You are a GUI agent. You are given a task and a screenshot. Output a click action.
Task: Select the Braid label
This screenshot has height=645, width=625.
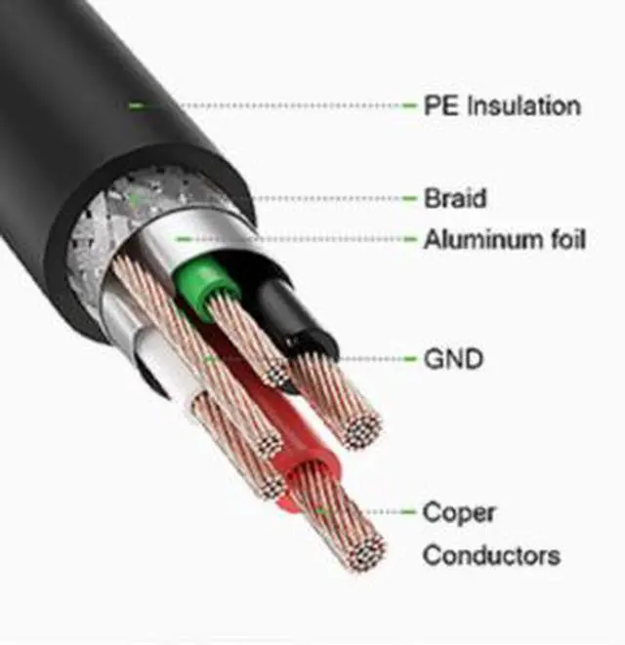pos(455,198)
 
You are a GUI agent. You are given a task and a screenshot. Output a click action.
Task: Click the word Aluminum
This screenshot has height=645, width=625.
pos(482,239)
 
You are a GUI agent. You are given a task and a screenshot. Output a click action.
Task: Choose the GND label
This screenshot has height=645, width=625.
pos(453,359)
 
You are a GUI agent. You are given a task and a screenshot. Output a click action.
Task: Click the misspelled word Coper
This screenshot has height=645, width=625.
pos(459,513)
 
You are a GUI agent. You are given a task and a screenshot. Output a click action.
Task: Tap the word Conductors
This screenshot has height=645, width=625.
pos(491,555)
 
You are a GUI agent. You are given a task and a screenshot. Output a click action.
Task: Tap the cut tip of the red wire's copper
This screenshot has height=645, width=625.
pos(367,553)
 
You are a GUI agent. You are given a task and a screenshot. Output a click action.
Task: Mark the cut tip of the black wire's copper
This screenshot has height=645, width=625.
pos(362,431)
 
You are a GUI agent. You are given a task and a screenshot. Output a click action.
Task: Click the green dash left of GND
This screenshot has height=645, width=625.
pos(410,359)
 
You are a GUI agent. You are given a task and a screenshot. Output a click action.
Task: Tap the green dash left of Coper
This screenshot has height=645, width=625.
pos(408,512)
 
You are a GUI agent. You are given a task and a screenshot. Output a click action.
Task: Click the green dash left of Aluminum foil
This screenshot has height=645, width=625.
pos(410,239)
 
